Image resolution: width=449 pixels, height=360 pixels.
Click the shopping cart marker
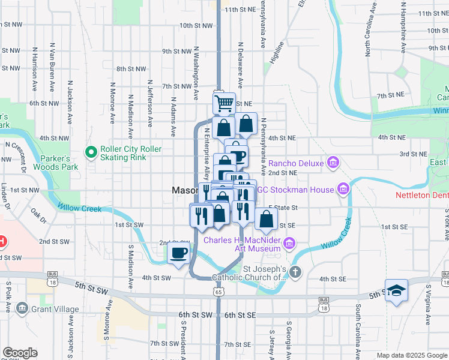(224, 103)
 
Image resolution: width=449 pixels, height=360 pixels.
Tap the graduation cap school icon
(396, 291)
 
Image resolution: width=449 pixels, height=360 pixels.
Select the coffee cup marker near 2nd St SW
(179, 253)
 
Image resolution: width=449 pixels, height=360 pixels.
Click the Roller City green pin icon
(91, 152)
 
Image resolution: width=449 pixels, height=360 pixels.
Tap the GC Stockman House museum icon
(343, 190)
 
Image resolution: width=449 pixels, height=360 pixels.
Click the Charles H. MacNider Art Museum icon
(289, 244)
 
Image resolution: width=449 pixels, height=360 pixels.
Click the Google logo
(20, 352)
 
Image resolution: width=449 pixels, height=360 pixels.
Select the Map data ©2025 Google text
(412, 355)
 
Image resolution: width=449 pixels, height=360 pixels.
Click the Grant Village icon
(22, 309)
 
